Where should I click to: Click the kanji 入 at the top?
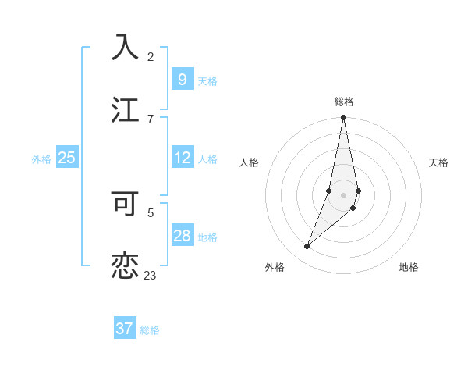[125, 47]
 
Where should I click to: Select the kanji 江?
[125, 109]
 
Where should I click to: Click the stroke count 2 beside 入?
[151, 56]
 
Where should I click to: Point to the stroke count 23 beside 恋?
[150, 275]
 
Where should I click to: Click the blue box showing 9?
[182, 80]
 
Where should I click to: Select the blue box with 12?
[182, 158]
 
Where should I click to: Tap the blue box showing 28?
[182, 236]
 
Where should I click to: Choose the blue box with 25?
[66, 158]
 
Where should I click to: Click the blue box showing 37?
[124, 329]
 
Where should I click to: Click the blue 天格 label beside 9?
[207, 80]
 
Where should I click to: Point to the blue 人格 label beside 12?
[207, 159]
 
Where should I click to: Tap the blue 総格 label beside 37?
[150, 330]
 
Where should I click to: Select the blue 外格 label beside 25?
[41, 159]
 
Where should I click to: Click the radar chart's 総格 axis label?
[343, 102]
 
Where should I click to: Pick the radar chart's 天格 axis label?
[438, 162]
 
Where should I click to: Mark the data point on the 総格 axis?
[343, 118]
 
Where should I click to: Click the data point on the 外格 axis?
[307, 247]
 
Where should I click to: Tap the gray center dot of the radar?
[343, 194]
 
